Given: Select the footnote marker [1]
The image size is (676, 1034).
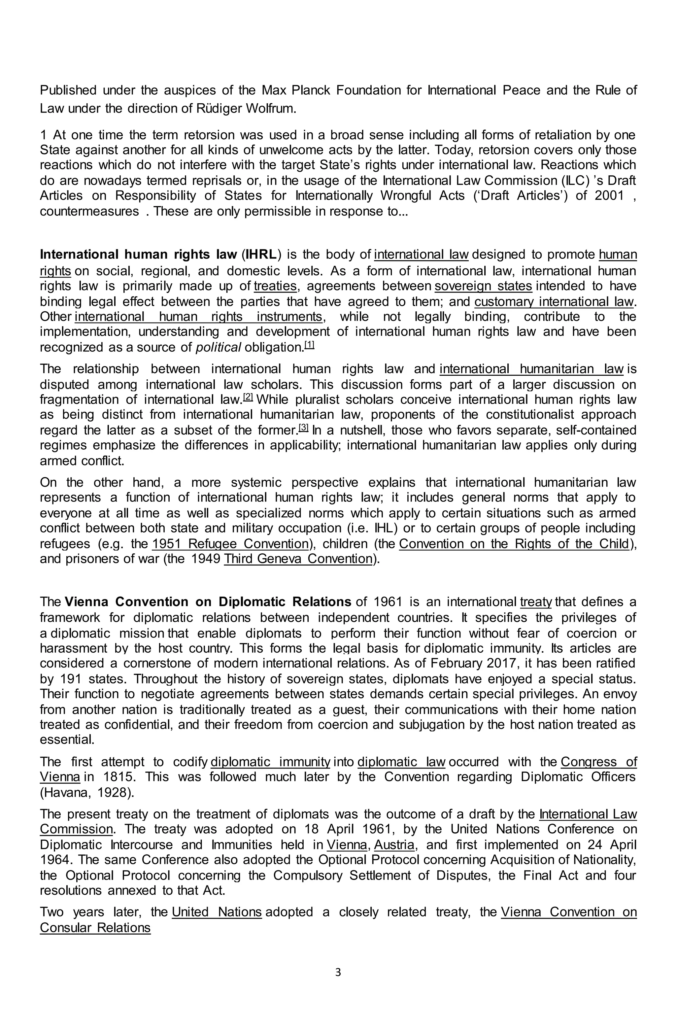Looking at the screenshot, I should tap(309, 345).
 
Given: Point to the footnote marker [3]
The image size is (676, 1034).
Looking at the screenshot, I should tap(303, 428).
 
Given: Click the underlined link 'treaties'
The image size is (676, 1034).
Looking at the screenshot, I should tap(275, 286).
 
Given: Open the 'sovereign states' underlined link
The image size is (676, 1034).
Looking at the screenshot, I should tap(483, 286).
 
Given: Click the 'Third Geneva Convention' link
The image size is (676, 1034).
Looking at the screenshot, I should tap(298, 559).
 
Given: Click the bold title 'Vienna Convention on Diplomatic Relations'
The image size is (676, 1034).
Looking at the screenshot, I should tap(208, 602).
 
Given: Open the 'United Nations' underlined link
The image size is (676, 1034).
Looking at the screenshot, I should tap(216, 912).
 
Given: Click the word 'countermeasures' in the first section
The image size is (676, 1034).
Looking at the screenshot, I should tap(89, 212).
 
